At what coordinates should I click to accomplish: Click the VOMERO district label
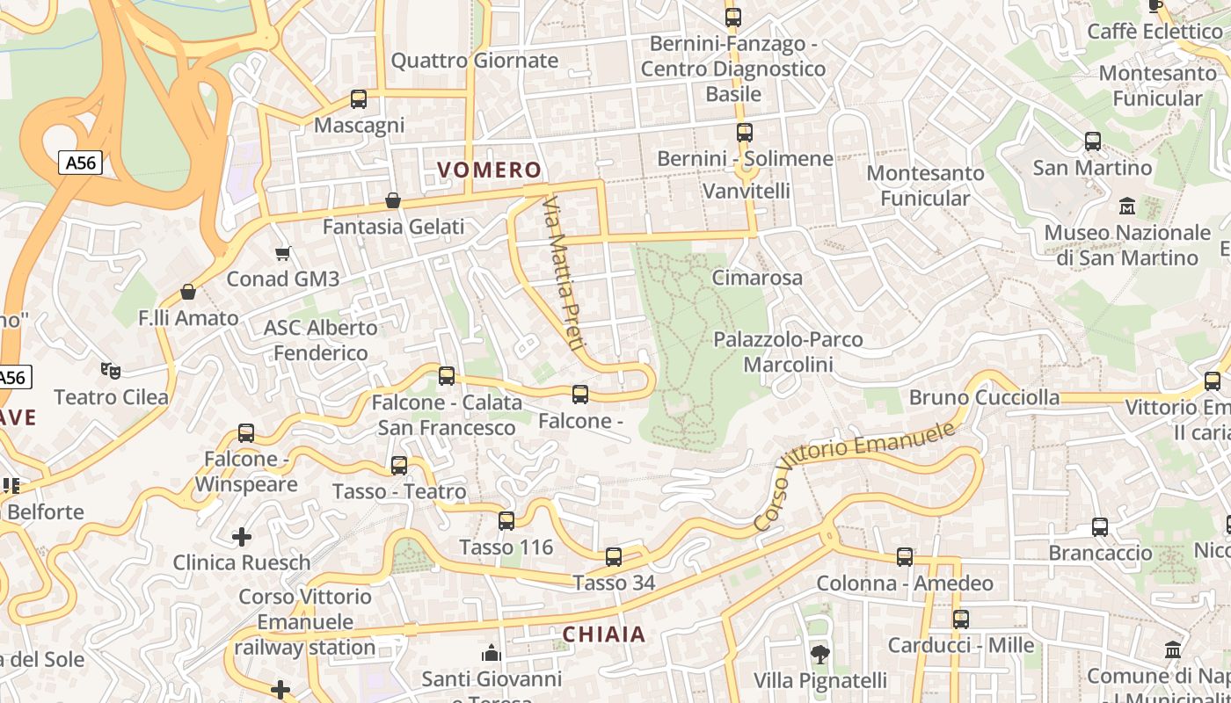tap(489, 170)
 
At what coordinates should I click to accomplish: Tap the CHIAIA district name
tap(603, 634)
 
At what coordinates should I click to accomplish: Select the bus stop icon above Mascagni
tap(358, 98)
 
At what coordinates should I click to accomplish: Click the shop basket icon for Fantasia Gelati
tap(393, 201)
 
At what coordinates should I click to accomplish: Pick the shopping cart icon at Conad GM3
tap(282, 254)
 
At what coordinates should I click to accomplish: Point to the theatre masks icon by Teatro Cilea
tap(110, 371)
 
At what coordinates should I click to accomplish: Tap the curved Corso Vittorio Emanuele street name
tap(855, 475)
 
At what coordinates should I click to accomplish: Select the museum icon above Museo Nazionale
tap(1126, 207)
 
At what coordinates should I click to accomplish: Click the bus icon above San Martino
tap(1092, 141)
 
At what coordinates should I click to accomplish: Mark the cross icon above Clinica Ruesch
tap(242, 536)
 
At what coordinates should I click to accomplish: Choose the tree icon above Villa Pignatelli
tap(819, 654)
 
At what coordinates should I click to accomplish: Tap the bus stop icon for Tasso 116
tap(506, 521)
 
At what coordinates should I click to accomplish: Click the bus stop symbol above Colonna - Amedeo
tap(905, 557)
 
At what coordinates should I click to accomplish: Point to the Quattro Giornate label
tap(474, 61)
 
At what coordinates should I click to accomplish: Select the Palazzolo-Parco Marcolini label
tap(788, 351)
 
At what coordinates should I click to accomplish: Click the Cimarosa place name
tap(757, 278)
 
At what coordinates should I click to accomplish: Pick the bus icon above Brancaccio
tap(1100, 527)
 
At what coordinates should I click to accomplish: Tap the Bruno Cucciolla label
tap(984, 397)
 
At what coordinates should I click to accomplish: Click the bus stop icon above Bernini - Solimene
tap(745, 133)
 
